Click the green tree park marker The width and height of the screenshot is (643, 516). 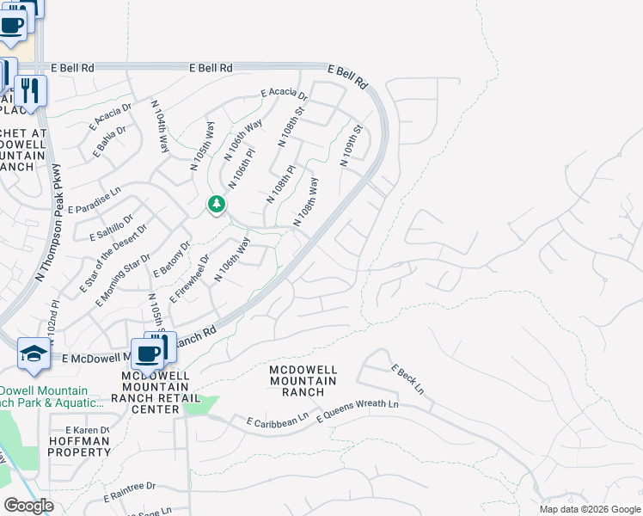tap(217, 205)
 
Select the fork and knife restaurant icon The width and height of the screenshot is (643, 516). tap(31, 90)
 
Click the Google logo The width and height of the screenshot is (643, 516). tap(28, 506)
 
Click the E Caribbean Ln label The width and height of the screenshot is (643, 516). tap(277, 421)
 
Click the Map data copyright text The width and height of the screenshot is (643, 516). tap(589, 508)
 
